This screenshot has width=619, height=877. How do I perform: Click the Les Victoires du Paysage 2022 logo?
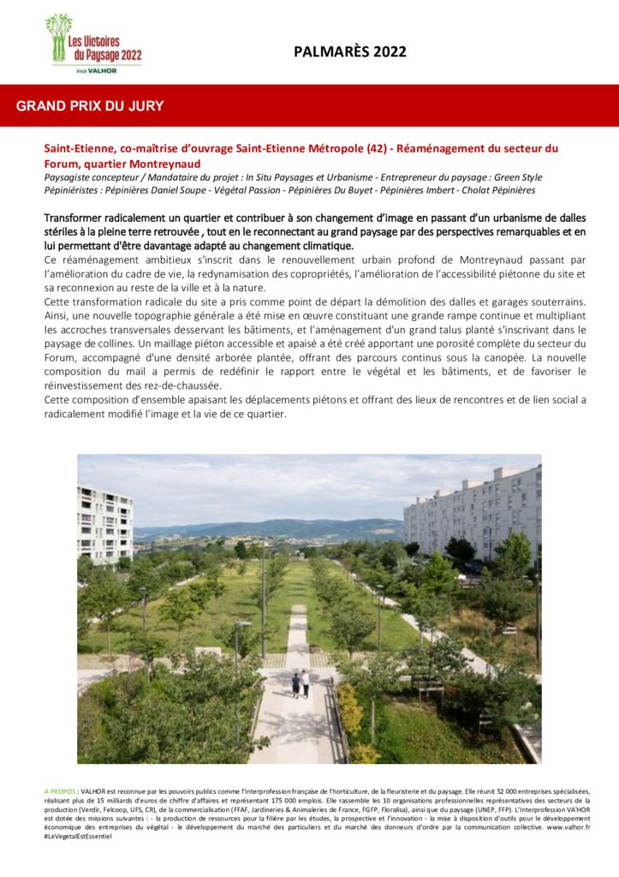pos(93,41)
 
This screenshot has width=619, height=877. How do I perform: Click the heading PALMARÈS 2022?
pos(349,52)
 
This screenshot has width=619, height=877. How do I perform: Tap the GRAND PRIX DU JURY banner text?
pos(90,106)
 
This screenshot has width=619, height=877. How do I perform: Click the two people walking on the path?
pos(300,683)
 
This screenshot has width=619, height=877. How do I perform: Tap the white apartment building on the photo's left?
pos(104,522)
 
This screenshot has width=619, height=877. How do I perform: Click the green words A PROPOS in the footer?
pos(59,791)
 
